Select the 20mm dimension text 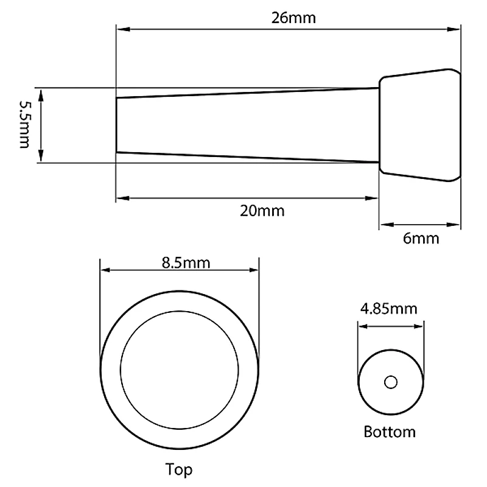coord(262,211)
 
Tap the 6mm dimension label coord(421,238)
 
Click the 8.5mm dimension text coord(186,263)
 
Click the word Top coord(179,469)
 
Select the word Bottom coord(390,432)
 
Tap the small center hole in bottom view coord(390,382)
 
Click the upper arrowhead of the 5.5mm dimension coord(41,92)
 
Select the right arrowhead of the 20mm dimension coord(374,197)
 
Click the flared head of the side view coord(420,125)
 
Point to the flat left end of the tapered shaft coord(117,125)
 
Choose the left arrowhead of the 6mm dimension coord(384,224)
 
